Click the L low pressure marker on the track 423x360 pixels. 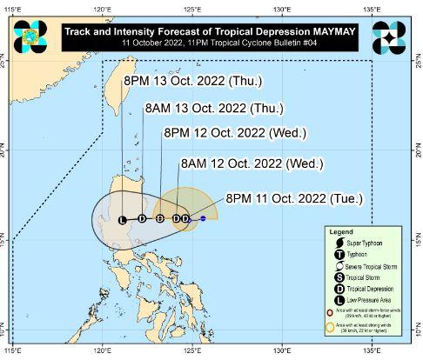point(122,219)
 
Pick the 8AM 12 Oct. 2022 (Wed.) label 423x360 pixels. point(239,163)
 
